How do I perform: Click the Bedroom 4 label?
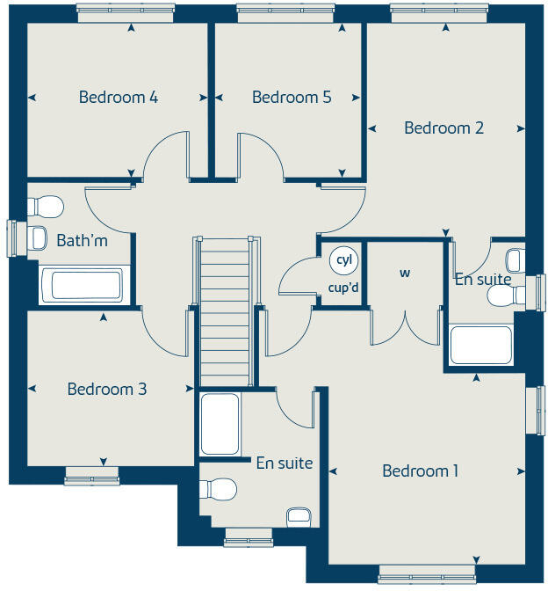(x=118, y=98)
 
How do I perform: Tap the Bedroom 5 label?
(x=292, y=98)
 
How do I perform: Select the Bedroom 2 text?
(x=443, y=128)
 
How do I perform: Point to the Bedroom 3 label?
(x=106, y=389)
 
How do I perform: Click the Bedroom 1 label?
(x=420, y=471)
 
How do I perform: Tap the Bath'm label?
(x=82, y=240)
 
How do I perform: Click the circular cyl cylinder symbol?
(x=342, y=260)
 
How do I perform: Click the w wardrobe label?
(x=405, y=274)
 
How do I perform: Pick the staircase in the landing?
(x=227, y=308)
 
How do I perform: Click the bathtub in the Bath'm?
(x=82, y=286)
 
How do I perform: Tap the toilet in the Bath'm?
(x=46, y=207)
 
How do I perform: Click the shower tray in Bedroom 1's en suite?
(x=220, y=424)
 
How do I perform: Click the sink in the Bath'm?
(x=38, y=237)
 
